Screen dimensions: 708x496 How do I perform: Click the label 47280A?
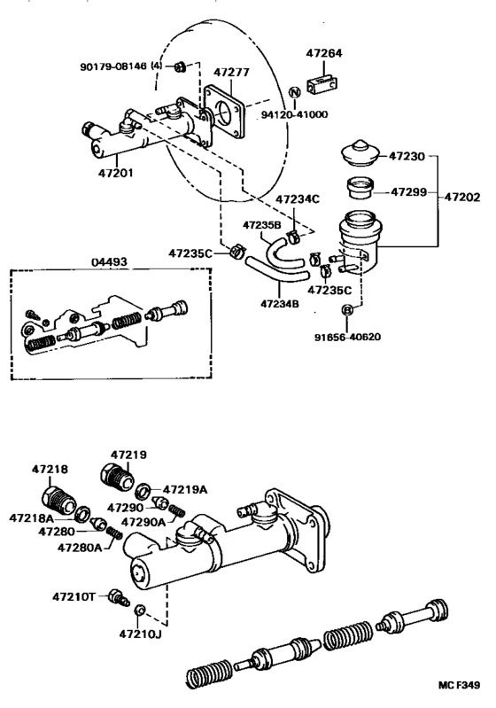click(x=79, y=548)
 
